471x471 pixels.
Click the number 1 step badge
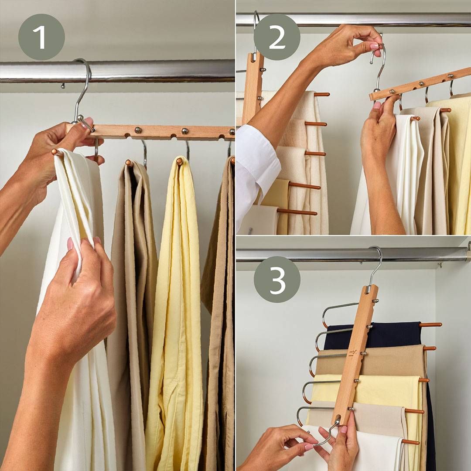coord(41,37)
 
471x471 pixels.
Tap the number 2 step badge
coord(276,37)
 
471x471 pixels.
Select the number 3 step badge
coord(277,280)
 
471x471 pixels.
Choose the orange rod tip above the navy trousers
coord(431,325)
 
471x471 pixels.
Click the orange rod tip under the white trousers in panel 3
coord(411,442)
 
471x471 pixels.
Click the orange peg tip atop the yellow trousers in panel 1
coord(180,161)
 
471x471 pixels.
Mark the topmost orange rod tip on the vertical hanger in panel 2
coord(322,94)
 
